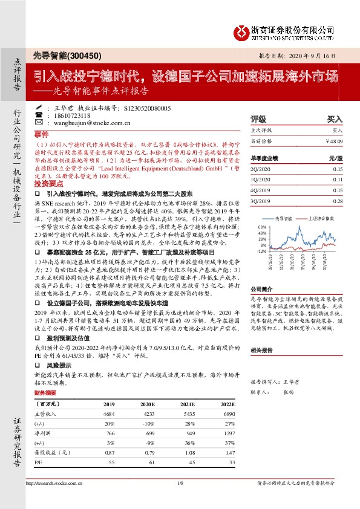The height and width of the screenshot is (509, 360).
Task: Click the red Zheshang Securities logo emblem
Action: (x=240, y=32)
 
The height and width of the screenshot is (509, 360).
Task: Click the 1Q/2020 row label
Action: (x=260, y=180)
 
